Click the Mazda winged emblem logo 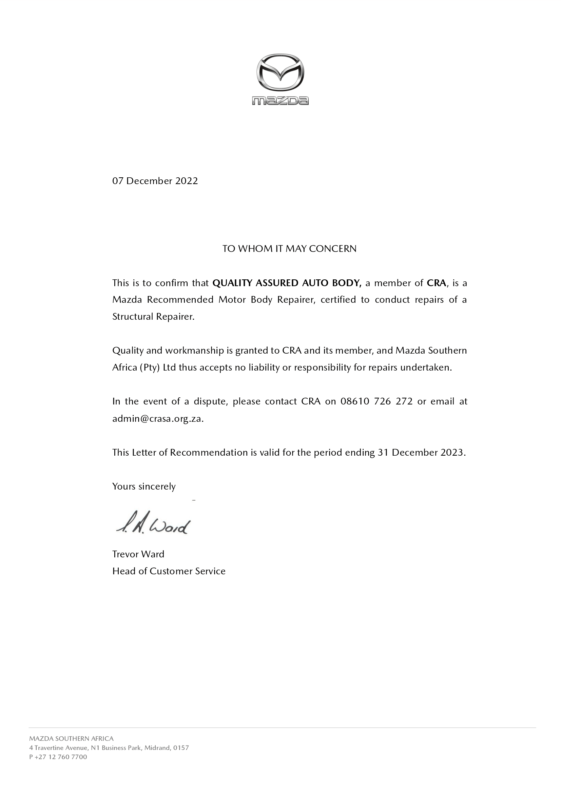click(x=280, y=73)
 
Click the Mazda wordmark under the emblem click(x=280, y=100)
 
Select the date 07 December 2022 click(x=155, y=181)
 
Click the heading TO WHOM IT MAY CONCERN click(x=289, y=249)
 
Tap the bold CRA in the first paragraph click(x=437, y=283)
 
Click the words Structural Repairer click(x=153, y=317)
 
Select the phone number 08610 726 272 click(x=376, y=401)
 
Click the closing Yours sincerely click(x=144, y=486)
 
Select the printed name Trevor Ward click(x=138, y=554)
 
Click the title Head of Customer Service click(x=169, y=571)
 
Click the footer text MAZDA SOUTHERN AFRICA click(x=71, y=738)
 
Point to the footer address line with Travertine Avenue click(x=109, y=748)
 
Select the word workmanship click(x=194, y=351)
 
